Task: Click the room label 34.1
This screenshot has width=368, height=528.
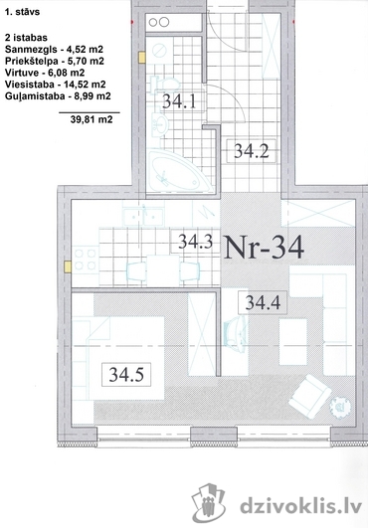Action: pos(179,100)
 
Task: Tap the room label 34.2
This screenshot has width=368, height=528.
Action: pos(252,151)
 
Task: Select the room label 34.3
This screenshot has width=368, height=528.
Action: pos(195,241)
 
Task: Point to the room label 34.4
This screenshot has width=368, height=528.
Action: pos(263,302)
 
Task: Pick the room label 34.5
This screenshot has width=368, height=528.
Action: pos(126,374)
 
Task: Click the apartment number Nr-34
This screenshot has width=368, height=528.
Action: pos(264,248)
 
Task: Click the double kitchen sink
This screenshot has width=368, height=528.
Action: pos(144,217)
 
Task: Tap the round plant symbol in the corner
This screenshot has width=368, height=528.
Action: pos(340,407)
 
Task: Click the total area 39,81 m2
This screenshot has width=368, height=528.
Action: pos(92,119)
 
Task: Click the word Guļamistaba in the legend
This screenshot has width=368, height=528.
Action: pos(35,96)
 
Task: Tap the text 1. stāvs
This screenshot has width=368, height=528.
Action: pos(22,12)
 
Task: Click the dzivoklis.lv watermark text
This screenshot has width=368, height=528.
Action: pos(301,506)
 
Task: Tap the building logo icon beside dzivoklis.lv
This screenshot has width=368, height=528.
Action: pos(209,502)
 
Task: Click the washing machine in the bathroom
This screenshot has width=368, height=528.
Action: pos(159,51)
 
